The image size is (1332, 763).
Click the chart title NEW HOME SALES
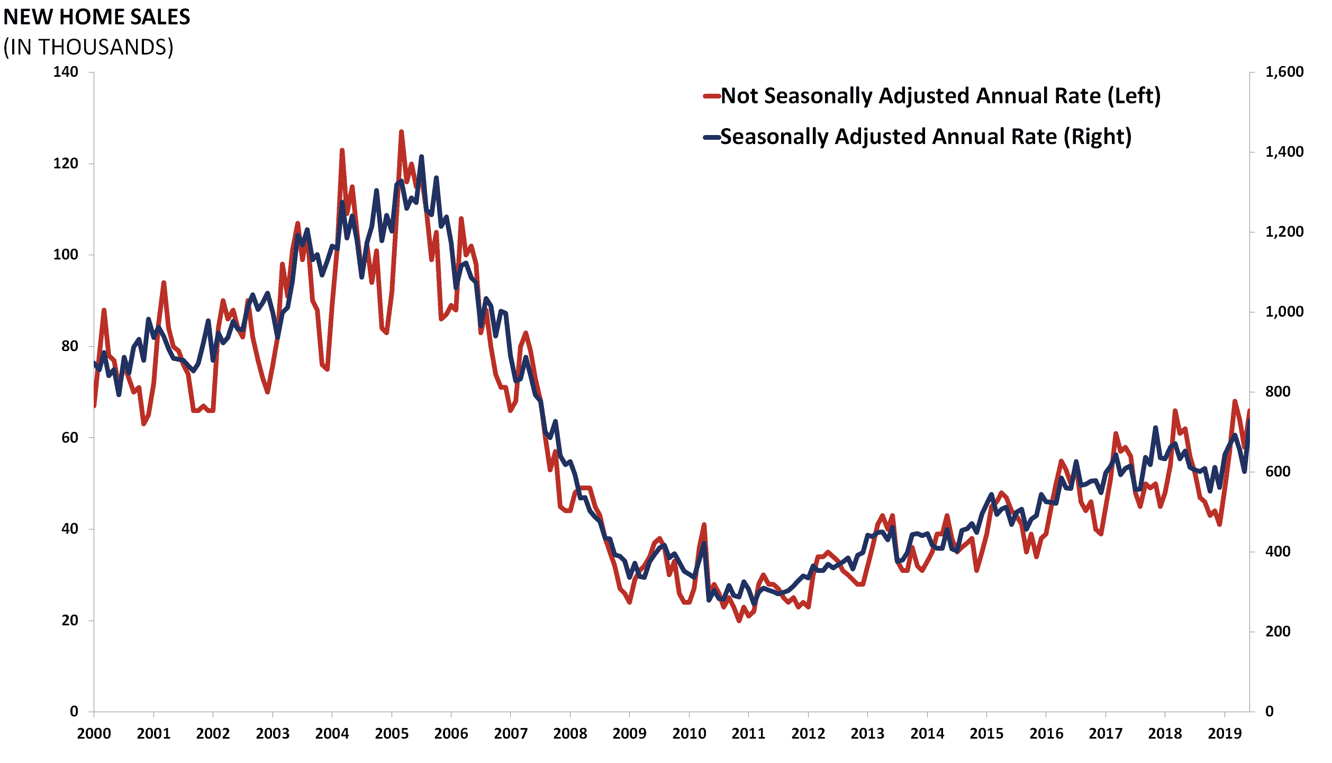[x=97, y=17]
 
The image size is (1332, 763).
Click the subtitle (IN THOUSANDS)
[x=88, y=47]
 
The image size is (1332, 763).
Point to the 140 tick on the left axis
[x=66, y=72]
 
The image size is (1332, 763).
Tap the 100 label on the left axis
[x=66, y=255]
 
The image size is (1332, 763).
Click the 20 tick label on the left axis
[x=69, y=620]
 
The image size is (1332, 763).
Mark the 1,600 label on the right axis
[x=1284, y=72]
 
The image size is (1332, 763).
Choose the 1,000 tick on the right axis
[x=1284, y=311]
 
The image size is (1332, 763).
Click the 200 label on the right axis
[x=1277, y=631]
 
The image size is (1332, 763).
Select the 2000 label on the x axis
[x=94, y=733]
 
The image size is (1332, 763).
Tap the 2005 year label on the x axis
[x=392, y=733]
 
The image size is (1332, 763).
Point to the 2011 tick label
[x=748, y=733]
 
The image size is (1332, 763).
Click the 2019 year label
[x=1225, y=733]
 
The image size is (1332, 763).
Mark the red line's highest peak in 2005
[x=401, y=131]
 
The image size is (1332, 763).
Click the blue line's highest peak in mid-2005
[x=421, y=157]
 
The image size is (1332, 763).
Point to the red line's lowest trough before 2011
[x=739, y=621]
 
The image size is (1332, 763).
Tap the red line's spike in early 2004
[x=342, y=150]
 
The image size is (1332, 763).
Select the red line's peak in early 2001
[x=164, y=283]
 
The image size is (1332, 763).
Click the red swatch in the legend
[x=711, y=96]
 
